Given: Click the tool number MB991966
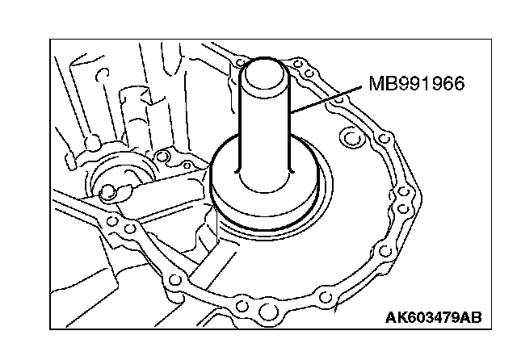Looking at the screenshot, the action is (417, 84).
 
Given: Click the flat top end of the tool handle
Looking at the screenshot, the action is (269, 65).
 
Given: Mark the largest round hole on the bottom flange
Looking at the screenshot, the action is (242, 306).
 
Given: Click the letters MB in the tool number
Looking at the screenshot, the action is (380, 84).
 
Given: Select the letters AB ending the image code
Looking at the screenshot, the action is (470, 316).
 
